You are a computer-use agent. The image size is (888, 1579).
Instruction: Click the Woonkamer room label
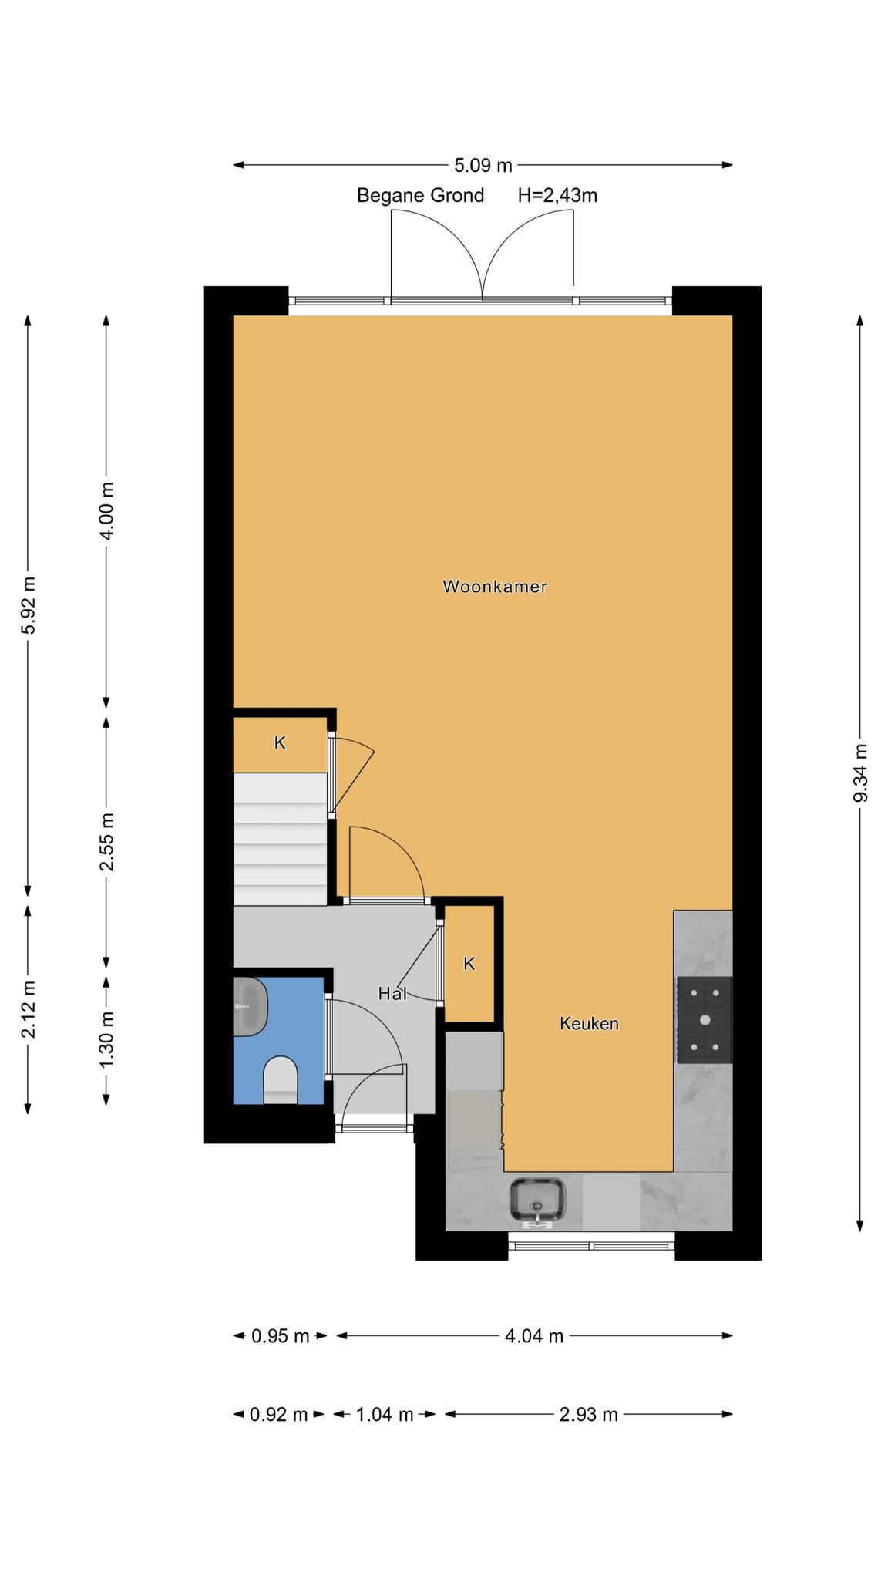tap(494, 587)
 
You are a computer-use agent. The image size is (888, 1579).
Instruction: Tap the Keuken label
tap(589, 1024)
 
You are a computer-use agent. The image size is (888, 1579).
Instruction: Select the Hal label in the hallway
tap(392, 994)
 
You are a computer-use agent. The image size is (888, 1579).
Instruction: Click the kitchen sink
tap(537, 1201)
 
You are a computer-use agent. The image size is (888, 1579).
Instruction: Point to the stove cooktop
tap(704, 1020)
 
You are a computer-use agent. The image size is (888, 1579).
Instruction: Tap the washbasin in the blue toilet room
tap(250, 1007)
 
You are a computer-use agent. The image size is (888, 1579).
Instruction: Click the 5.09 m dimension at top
tap(483, 165)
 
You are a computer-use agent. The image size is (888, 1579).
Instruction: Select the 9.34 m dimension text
tap(860, 773)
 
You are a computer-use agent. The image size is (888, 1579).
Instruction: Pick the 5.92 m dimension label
tap(29, 605)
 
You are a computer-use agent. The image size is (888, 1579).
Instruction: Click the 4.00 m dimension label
tap(107, 511)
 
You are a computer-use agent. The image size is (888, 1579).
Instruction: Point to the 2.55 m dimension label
tap(107, 842)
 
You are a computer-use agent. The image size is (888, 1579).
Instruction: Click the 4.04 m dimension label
tap(534, 1336)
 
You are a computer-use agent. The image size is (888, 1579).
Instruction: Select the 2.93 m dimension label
tap(589, 1415)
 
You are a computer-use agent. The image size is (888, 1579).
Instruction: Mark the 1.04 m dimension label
tap(384, 1415)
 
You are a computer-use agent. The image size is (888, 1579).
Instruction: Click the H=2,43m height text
tap(557, 196)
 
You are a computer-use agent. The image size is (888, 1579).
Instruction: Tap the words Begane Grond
tap(420, 196)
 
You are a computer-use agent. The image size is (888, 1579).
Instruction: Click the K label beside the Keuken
tap(469, 964)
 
